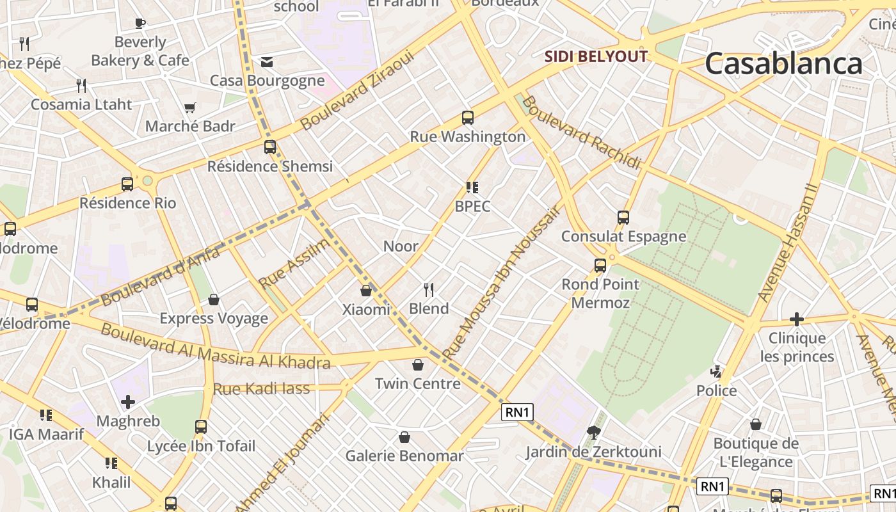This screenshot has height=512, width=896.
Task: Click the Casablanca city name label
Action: click(783, 64)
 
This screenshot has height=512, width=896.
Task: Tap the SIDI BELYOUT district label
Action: click(596, 56)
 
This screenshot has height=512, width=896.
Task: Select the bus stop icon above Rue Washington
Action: click(468, 118)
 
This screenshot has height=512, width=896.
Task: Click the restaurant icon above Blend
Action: click(429, 290)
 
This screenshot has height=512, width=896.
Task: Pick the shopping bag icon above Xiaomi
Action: click(366, 291)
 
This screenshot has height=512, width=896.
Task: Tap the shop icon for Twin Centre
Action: click(418, 365)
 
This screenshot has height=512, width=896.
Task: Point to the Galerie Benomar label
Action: click(404, 456)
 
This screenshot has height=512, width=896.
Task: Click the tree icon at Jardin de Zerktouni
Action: click(594, 433)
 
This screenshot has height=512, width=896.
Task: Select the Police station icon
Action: click(717, 371)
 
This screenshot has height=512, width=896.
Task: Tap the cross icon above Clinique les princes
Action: click(797, 319)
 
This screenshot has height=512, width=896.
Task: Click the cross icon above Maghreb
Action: click(128, 402)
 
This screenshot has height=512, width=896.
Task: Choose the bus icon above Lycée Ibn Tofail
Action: click(201, 426)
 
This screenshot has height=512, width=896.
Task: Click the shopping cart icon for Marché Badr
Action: click(189, 108)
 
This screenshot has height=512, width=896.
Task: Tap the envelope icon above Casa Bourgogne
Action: click(267, 61)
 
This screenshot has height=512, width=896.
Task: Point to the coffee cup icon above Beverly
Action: click(140, 24)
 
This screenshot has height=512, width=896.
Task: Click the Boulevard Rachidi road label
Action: click(580, 132)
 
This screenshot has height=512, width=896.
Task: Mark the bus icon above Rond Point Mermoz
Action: click(600, 265)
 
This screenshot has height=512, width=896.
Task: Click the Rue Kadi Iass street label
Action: click(261, 388)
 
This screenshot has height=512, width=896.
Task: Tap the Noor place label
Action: click(401, 246)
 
